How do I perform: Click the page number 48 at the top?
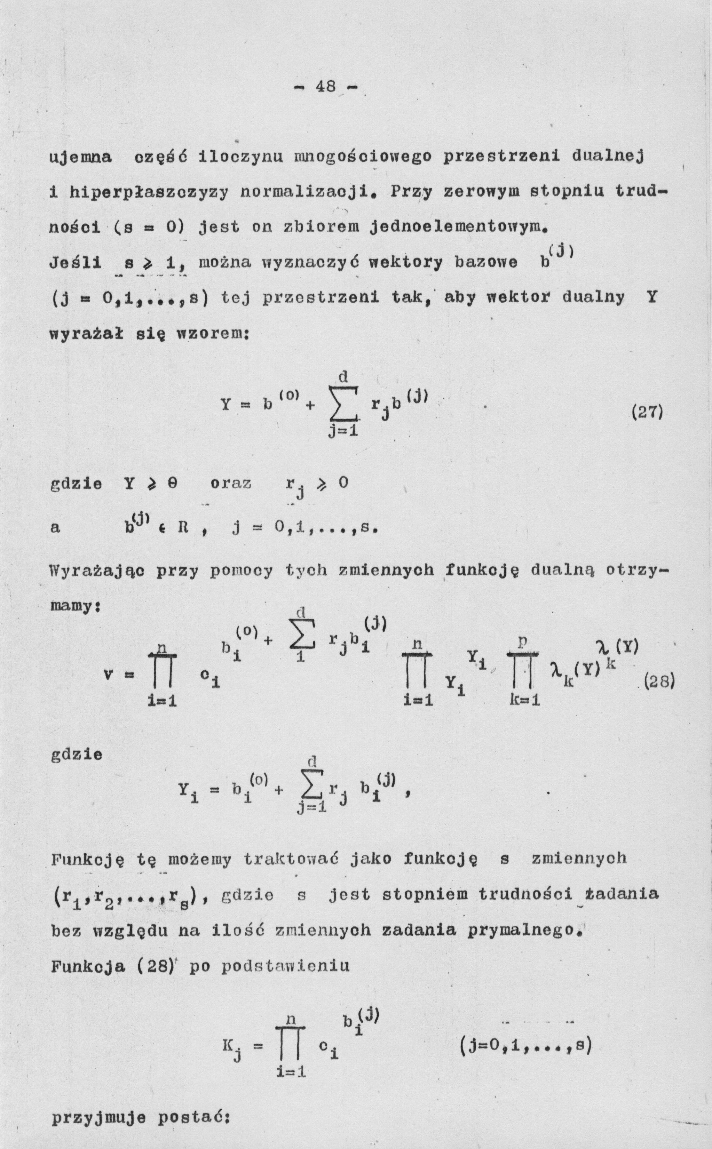tap(325, 87)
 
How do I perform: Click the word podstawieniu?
tap(285, 966)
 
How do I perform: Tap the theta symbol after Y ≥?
tap(172, 484)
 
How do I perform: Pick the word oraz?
tap(231, 484)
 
